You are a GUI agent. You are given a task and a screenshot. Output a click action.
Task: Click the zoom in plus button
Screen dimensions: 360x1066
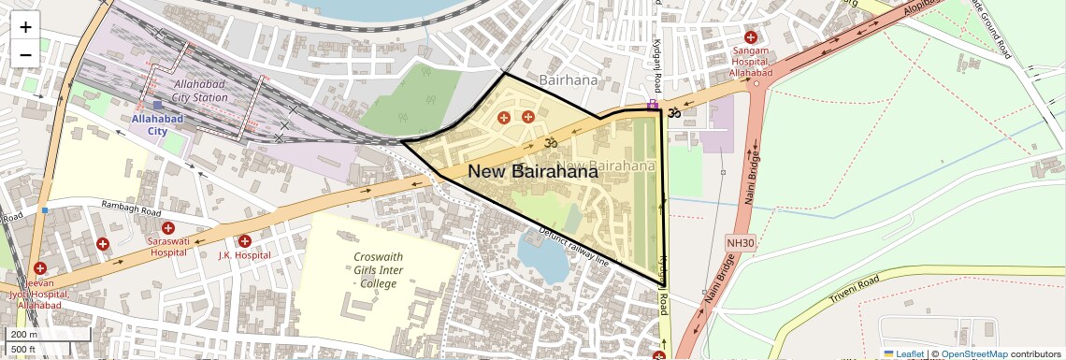(x=25, y=27)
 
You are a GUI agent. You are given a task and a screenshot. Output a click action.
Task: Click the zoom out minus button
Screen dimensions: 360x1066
(x=25, y=54)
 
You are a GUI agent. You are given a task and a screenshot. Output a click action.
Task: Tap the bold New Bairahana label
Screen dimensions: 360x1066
(x=532, y=171)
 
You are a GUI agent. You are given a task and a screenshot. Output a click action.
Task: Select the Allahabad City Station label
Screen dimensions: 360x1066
(x=199, y=90)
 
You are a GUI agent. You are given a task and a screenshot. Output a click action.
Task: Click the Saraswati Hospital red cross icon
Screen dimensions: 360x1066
(x=168, y=228)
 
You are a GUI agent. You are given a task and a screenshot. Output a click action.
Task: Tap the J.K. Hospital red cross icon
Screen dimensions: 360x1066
(x=244, y=241)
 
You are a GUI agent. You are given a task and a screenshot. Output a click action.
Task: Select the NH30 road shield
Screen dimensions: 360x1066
(x=740, y=242)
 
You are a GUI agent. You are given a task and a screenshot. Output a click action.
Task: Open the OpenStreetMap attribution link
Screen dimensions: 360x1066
(x=974, y=353)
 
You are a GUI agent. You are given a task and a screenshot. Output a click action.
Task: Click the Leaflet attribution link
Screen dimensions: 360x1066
(x=903, y=353)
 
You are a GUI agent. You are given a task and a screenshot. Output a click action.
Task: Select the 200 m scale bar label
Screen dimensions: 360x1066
(x=25, y=335)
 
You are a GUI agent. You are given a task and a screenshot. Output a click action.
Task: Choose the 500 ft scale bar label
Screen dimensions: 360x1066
(x=25, y=350)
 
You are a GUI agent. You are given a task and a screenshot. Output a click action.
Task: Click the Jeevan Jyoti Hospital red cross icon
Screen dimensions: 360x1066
(x=40, y=268)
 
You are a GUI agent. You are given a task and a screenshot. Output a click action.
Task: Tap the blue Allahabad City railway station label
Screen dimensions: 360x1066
(x=156, y=124)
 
